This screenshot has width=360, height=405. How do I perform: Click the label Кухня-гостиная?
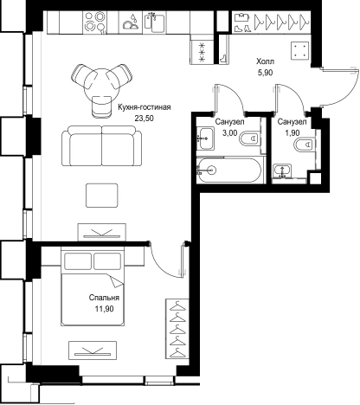pyautogui.click(x=145, y=107)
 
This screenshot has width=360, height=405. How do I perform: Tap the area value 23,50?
pyautogui.click(x=145, y=118)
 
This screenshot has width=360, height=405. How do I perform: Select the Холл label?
pyautogui.click(x=265, y=61)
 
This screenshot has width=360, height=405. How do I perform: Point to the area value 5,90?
pyautogui.click(x=265, y=73)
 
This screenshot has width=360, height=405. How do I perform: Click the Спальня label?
pyautogui.click(x=104, y=298)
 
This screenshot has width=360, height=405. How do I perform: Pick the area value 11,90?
pyautogui.click(x=104, y=309)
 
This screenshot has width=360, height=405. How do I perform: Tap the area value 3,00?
pyautogui.click(x=229, y=132)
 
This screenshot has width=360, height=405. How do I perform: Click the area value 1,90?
pyautogui.click(x=292, y=132)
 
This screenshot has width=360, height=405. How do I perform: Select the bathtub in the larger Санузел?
pyautogui.click(x=229, y=170)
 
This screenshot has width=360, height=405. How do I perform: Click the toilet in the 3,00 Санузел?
pyautogui.click(x=249, y=138)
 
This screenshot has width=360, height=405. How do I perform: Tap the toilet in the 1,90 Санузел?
pyautogui.click(x=305, y=144)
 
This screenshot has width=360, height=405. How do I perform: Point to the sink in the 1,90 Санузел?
pyautogui.click(x=282, y=171)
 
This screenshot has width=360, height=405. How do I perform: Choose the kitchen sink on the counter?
pyautogui.click(x=154, y=21)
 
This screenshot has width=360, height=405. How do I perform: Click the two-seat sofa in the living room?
pyautogui.click(x=102, y=145)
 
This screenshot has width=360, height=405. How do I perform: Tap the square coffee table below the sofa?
pyautogui.click(x=102, y=196)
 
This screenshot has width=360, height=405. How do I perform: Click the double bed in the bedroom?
pyautogui.click(x=93, y=286)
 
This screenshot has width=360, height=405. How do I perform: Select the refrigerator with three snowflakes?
pyautogui.click(x=202, y=52)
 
